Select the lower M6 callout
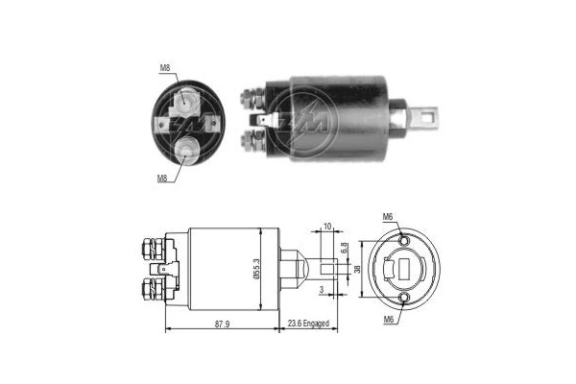click(x=388, y=319)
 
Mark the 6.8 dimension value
click(x=344, y=254)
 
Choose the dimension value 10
click(x=327, y=227)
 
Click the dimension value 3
click(x=322, y=288)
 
